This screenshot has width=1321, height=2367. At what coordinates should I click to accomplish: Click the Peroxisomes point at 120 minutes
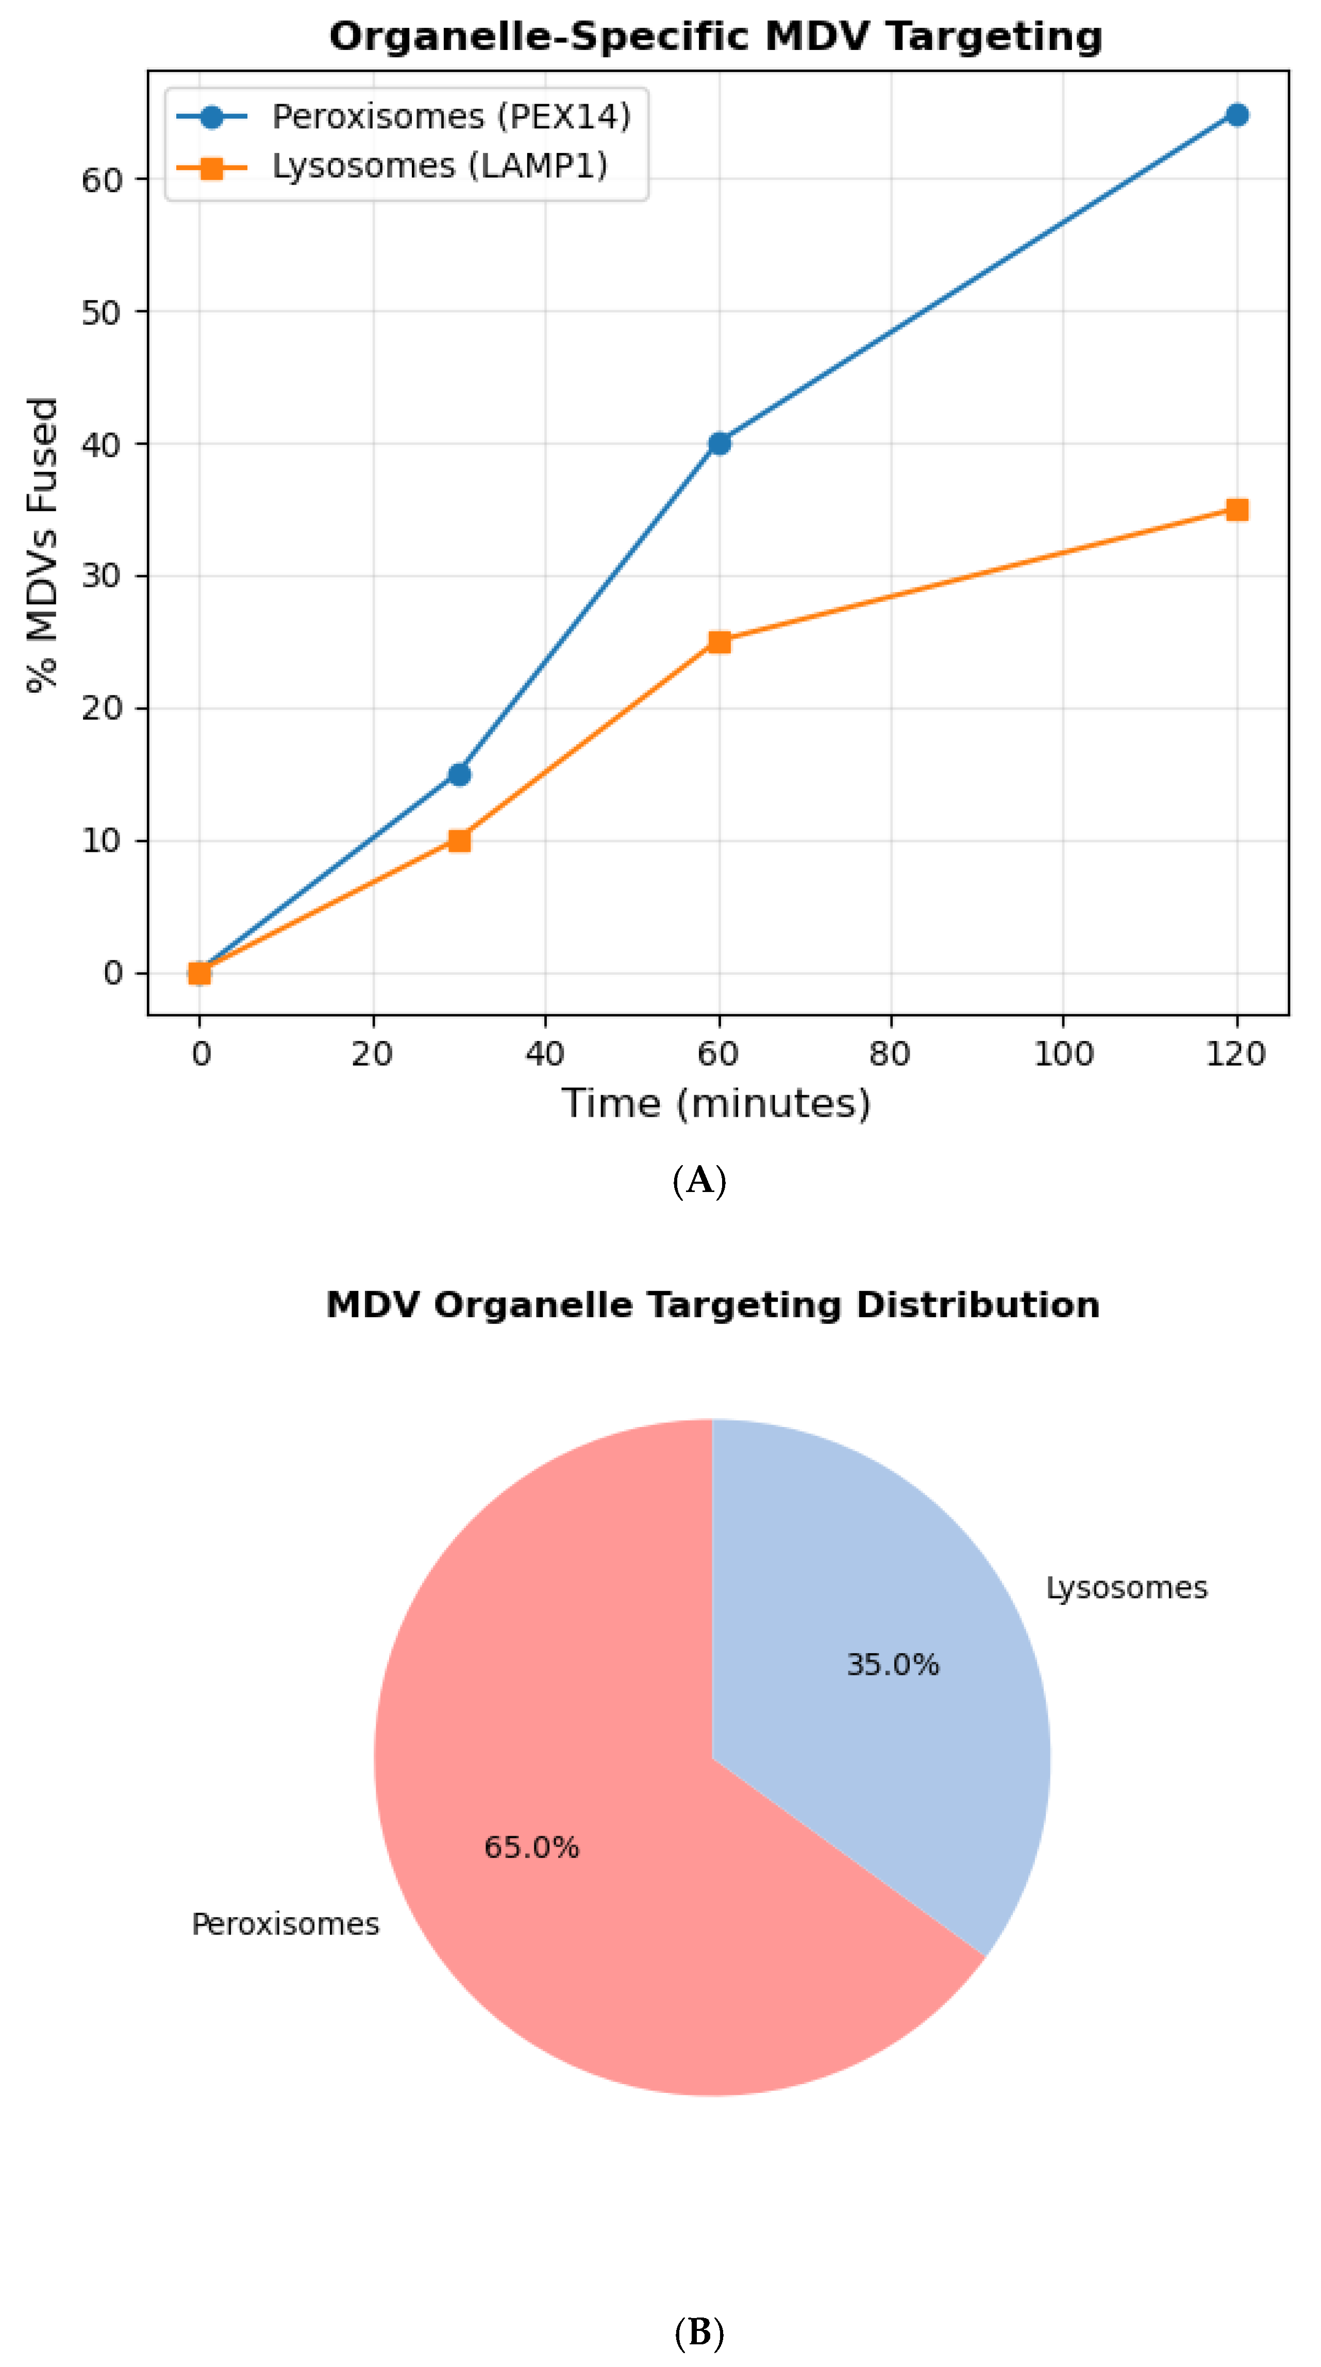coord(1236,115)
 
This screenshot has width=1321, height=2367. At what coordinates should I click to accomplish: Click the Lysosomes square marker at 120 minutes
coord(1236,510)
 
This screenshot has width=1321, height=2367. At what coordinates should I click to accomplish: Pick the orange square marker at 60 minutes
coord(719,642)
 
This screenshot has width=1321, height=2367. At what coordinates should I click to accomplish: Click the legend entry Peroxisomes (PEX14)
coord(450,116)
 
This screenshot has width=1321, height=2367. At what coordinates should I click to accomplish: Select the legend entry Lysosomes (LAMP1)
coord(440,166)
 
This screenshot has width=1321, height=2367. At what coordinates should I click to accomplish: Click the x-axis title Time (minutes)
coord(716,1103)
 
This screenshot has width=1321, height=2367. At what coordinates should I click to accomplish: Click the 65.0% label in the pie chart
coord(531,1847)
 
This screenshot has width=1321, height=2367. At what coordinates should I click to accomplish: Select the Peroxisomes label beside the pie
coord(285,1924)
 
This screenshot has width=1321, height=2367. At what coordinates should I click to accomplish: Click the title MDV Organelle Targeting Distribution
coord(712,1305)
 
